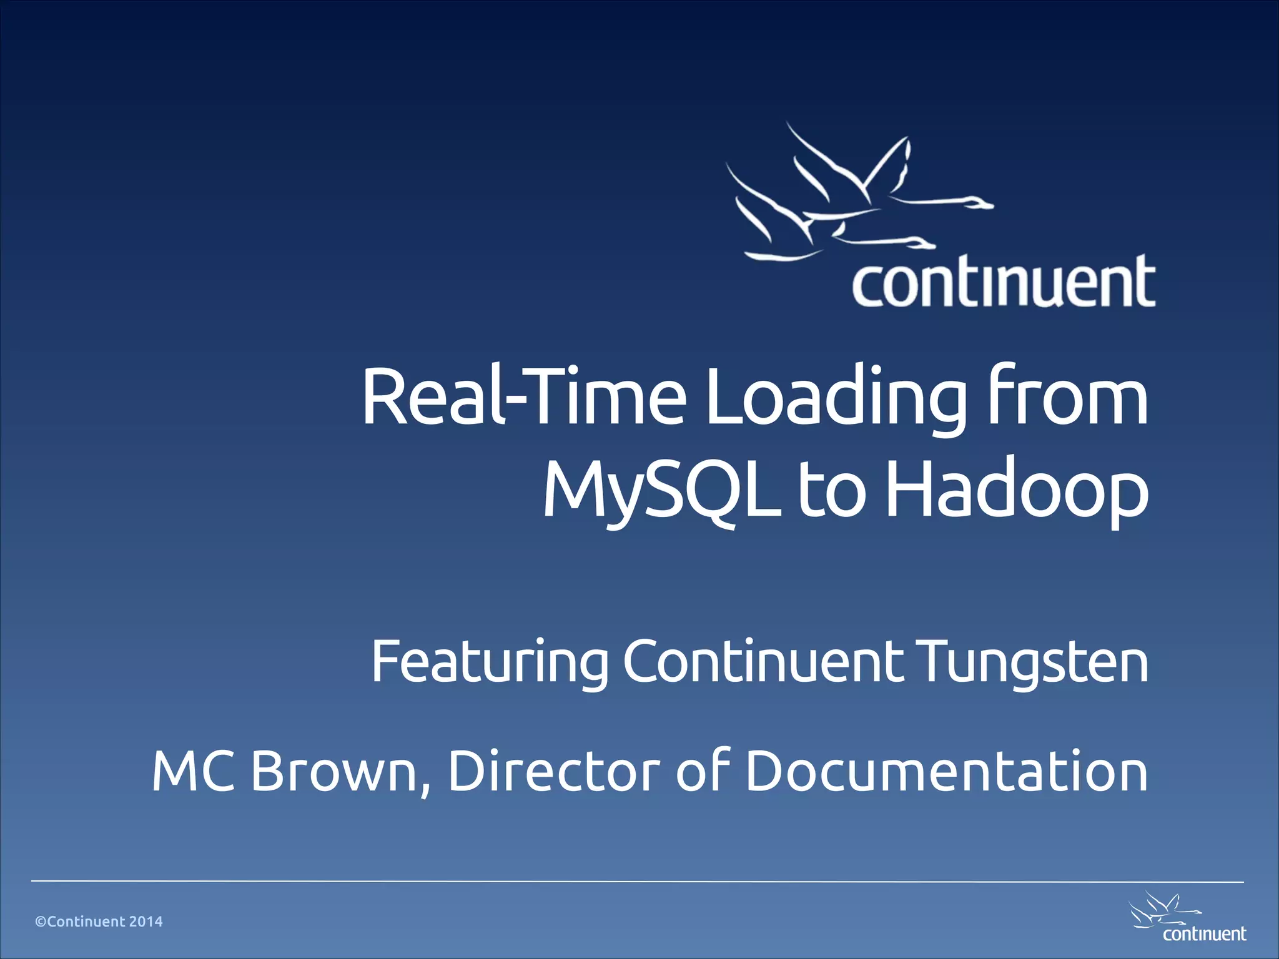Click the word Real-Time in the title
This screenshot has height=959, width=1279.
(523, 397)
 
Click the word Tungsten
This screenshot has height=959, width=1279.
(1034, 662)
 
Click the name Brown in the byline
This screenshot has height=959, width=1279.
(340, 772)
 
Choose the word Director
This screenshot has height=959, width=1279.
(553, 770)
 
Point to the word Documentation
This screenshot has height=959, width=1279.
(947, 770)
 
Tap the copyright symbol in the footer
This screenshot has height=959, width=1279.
(41, 922)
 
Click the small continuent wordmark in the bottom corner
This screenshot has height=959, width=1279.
(1204, 934)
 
